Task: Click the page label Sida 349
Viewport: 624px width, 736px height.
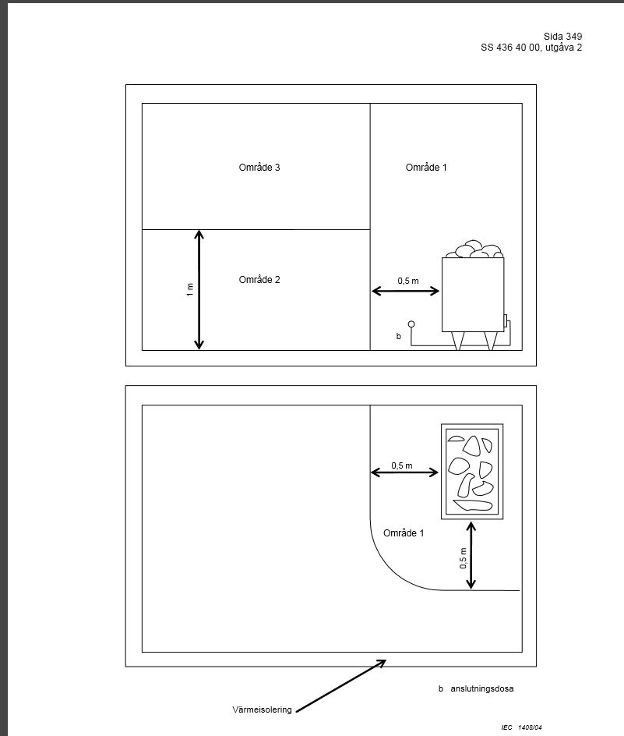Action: pos(562,36)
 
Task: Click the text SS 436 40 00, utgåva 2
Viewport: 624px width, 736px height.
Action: pos(531,48)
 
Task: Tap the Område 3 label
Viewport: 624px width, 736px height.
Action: pos(259,167)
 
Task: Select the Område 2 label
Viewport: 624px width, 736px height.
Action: pos(259,279)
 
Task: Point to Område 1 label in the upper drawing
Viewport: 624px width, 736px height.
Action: pos(426,167)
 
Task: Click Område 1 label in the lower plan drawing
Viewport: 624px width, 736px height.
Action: pos(404,533)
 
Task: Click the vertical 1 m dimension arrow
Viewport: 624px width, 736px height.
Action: pos(199,289)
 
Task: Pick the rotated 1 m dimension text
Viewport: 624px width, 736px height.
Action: pos(189,289)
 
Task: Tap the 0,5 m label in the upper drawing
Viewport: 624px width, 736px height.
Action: pos(408,281)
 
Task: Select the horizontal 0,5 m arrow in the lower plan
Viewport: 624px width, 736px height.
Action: pos(404,472)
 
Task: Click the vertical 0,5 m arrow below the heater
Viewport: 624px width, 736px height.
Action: pos(471,555)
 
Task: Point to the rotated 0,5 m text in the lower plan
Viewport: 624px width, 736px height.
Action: pos(463,558)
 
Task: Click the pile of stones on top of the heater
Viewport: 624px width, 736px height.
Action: pos(474,249)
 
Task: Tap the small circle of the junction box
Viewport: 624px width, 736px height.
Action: pos(411,324)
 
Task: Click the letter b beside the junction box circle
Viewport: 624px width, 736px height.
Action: pos(399,336)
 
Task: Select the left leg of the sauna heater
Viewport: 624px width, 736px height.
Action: pos(458,341)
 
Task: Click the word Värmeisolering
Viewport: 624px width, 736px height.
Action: pos(262,709)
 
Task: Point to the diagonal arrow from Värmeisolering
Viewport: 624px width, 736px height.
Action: pos(341,686)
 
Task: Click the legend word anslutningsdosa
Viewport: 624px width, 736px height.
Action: pos(482,688)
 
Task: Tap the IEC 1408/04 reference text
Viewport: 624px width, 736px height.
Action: pos(521,727)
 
